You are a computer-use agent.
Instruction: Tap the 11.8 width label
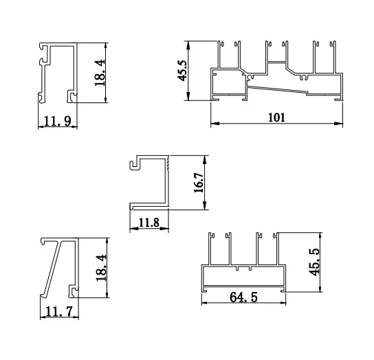tap(149, 222)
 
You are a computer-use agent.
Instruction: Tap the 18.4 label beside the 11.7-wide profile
tap(100, 269)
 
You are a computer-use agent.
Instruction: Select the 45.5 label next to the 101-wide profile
tap(183, 69)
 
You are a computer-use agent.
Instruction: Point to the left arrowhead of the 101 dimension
tap(212, 124)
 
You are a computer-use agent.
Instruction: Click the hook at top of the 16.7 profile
tap(135, 161)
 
